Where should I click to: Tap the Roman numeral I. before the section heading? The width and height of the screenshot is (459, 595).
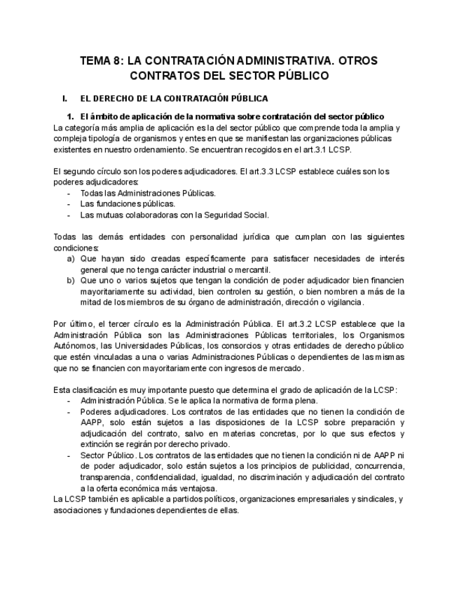click(x=65, y=99)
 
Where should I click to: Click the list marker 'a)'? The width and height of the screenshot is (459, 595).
click(x=71, y=259)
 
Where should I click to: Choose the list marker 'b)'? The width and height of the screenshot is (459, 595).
click(x=71, y=281)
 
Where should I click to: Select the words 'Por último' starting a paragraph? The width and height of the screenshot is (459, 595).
click(x=72, y=324)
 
